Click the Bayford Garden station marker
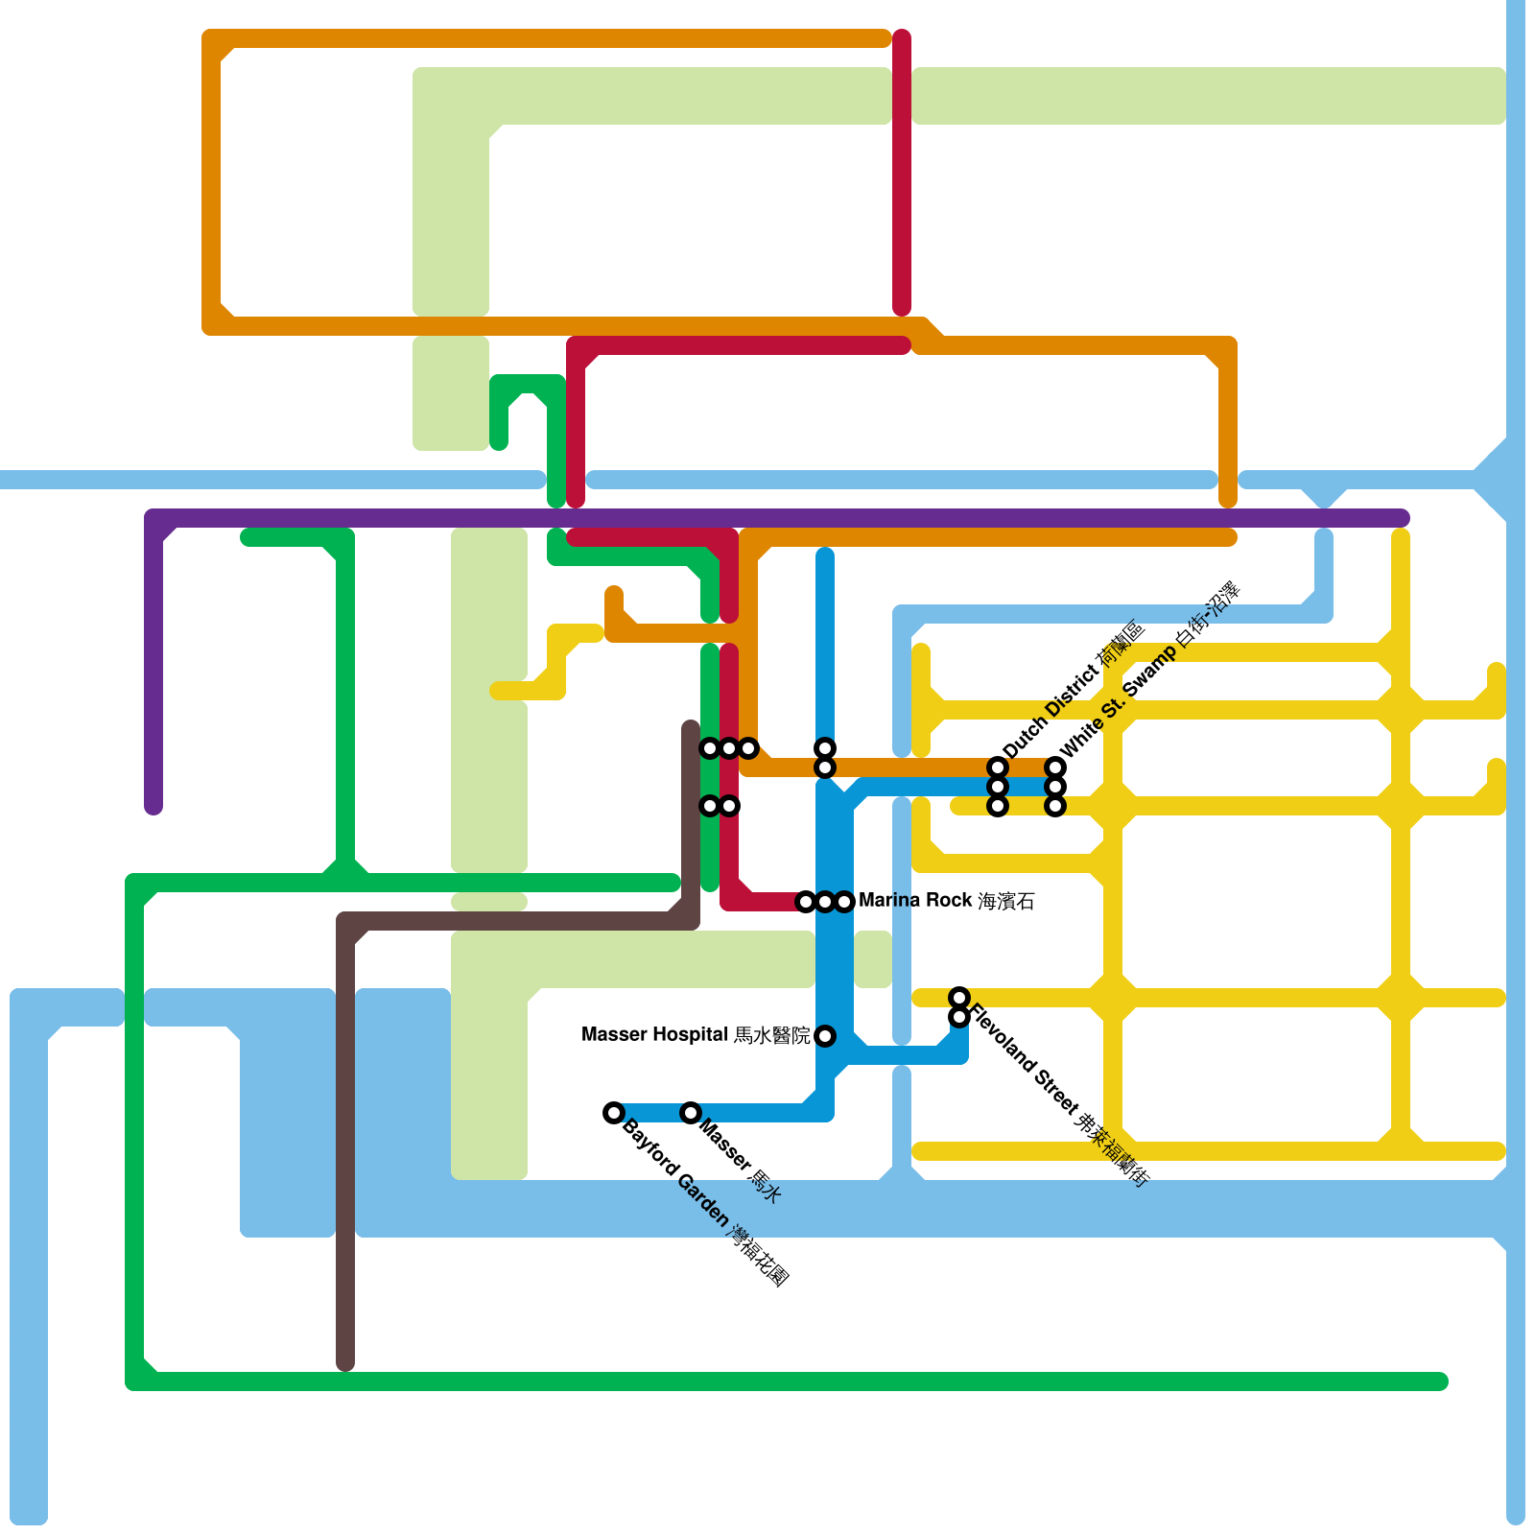[x=614, y=1113]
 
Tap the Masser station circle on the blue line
[x=691, y=1113]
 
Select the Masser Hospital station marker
[x=825, y=1036]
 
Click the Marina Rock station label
[x=946, y=901]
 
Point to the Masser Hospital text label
[x=696, y=1035]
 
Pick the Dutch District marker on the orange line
[x=998, y=767]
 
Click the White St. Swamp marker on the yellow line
[x=1055, y=806]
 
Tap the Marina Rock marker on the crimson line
[x=806, y=902]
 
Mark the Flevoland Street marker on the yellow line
[x=959, y=998]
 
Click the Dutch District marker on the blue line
[x=998, y=787]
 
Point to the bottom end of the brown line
[x=345, y=1362]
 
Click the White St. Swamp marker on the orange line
[x=1055, y=767]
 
